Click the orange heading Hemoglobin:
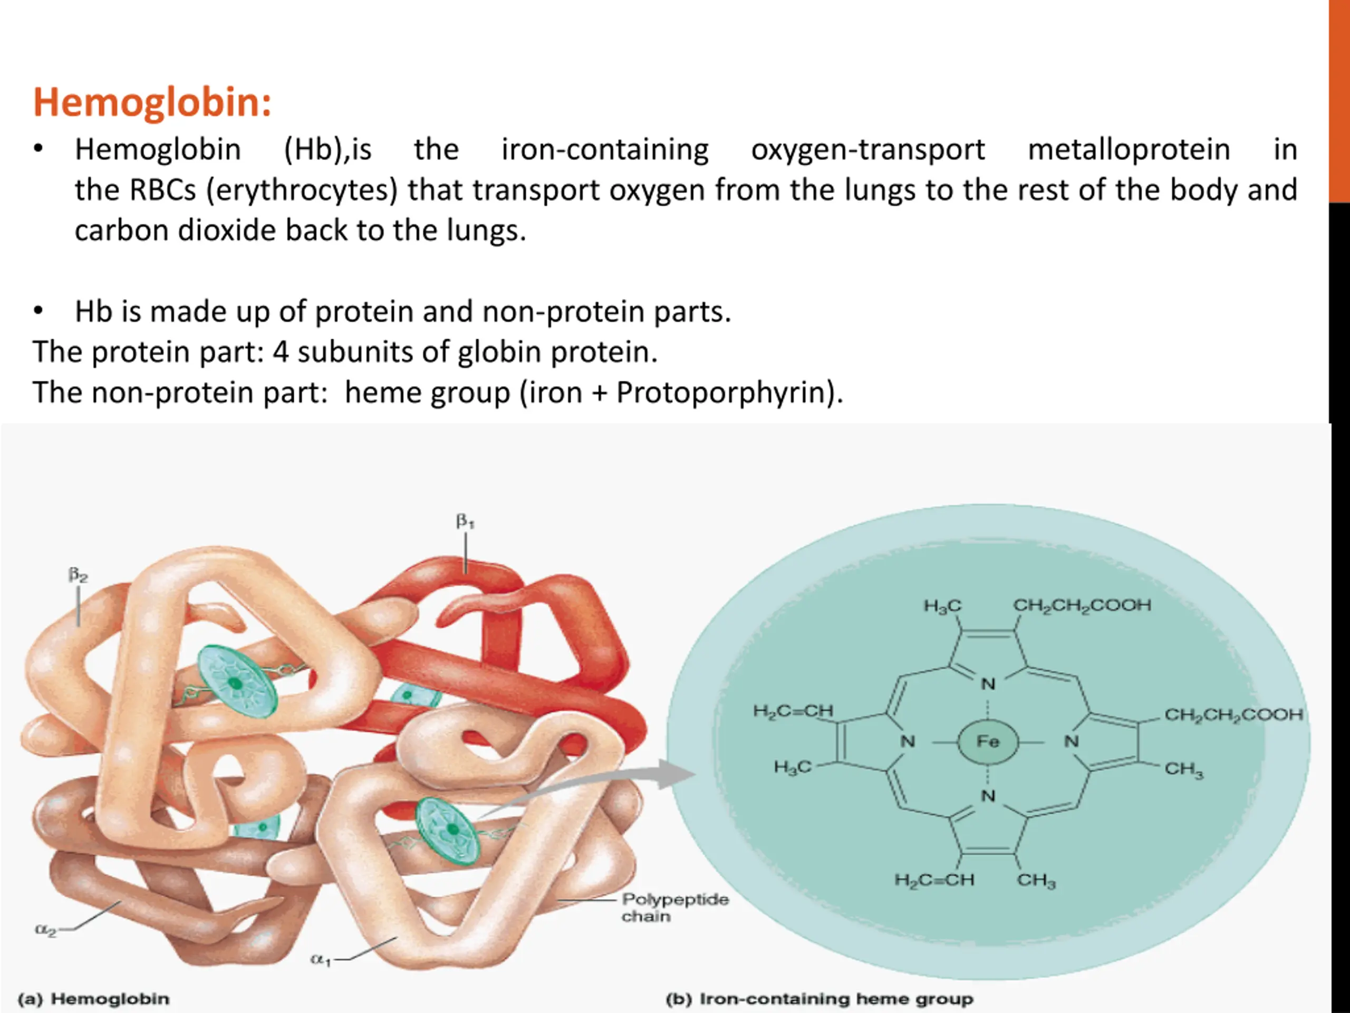[152, 102]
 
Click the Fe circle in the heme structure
[988, 742]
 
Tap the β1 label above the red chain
[465, 522]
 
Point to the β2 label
[78, 575]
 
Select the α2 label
[46, 930]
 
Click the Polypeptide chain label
[674, 908]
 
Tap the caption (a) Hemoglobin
[93, 999]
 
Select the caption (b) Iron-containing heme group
[819, 999]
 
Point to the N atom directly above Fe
[988, 684]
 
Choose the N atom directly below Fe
[988, 796]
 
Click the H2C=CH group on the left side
[793, 711]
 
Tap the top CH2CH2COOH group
[1082, 605]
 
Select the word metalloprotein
[1129, 150]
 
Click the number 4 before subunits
[280, 352]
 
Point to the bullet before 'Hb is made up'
[38, 311]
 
